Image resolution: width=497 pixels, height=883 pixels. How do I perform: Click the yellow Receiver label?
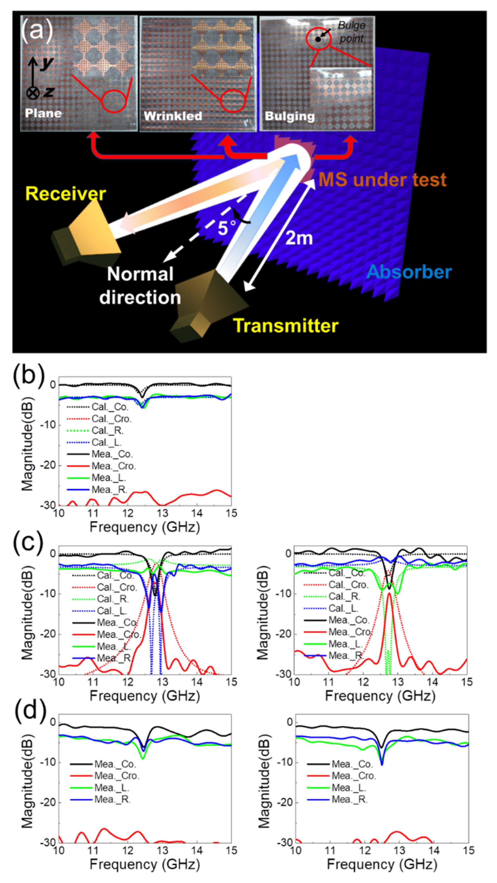65,194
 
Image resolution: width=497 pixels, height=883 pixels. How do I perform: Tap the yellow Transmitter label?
285,325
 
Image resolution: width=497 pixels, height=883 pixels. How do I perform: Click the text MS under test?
382,179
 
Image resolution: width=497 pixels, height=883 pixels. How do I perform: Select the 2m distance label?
299,238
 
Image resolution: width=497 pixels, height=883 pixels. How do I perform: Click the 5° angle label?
226,228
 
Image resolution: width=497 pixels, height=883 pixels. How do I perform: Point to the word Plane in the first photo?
43,113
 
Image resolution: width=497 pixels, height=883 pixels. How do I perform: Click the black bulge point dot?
318,39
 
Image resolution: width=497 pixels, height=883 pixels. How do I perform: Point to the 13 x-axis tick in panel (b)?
162,513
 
